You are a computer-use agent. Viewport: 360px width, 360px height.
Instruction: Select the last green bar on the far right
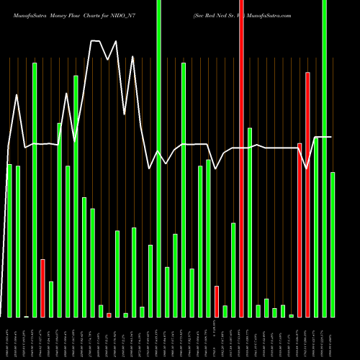333,245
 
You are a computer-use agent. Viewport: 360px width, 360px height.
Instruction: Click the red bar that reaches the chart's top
241,158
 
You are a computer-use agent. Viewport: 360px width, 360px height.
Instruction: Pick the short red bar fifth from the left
42,288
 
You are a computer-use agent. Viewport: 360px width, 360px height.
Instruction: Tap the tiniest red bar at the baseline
109,315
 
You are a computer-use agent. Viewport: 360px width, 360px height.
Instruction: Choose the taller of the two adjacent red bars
307,194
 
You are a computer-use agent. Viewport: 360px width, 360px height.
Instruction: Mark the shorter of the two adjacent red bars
300,230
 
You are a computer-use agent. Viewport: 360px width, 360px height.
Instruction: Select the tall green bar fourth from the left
35,190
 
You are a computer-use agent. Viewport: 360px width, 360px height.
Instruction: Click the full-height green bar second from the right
325,158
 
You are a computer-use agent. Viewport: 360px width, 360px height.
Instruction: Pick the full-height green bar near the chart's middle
158,158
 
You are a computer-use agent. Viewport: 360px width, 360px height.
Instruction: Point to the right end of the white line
331,137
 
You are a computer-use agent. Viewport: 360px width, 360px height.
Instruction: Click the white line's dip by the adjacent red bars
307,168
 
